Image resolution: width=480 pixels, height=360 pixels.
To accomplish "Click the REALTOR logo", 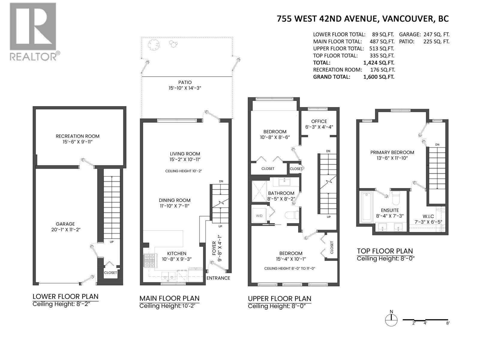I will (x=33, y=31).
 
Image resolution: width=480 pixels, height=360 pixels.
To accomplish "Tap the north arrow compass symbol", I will (x=391, y=320).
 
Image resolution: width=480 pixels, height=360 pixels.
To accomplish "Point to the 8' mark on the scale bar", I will (x=448, y=323).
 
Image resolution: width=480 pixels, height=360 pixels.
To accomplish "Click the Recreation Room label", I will (x=77, y=136).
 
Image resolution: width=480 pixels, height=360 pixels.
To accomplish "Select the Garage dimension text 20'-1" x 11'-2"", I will (x=65, y=229).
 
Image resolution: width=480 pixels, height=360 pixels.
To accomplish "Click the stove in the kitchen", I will (x=150, y=260).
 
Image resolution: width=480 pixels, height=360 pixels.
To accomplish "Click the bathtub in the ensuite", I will (x=367, y=206).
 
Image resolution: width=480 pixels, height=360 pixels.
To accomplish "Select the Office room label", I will (x=319, y=121).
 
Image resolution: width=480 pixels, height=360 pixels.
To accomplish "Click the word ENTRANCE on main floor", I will (x=218, y=278).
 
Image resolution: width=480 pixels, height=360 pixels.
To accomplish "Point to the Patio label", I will (x=184, y=82).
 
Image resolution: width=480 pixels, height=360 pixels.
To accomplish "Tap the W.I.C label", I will (x=428, y=216).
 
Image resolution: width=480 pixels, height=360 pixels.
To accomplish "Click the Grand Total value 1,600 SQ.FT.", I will (x=379, y=77).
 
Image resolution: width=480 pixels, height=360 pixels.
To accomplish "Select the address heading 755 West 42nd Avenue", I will (x=362, y=19).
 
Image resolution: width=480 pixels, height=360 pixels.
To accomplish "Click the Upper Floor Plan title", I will (x=279, y=299).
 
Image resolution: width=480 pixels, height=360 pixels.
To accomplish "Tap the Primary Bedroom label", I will (x=392, y=152).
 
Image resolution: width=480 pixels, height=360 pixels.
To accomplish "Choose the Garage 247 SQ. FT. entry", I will (x=424, y=34).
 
